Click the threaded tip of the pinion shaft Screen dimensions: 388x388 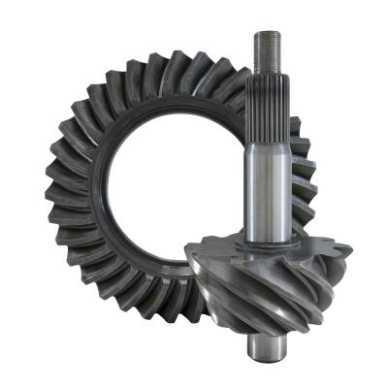[x=267, y=53]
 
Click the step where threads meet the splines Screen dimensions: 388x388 [x=267, y=78]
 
